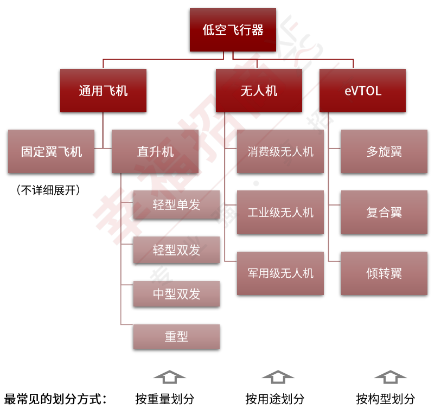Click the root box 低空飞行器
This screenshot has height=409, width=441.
click(233, 30)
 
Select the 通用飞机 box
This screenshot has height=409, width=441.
click(103, 91)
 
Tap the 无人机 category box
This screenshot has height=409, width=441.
click(259, 91)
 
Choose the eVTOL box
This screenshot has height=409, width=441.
click(362, 91)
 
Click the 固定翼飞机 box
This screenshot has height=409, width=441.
click(52, 151)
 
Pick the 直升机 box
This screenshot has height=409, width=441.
click(155, 151)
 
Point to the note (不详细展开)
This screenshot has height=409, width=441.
click(48, 190)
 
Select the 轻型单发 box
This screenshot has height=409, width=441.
click(176, 205)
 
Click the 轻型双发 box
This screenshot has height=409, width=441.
click(176, 250)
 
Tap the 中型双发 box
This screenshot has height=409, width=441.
click(176, 294)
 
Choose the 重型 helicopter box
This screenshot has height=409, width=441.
click(176, 337)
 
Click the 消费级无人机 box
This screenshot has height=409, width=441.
click(280, 151)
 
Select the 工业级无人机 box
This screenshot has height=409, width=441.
click(280, 212)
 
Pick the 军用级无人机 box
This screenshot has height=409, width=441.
click(280, 273)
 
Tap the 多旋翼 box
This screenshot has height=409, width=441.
click(384, 151)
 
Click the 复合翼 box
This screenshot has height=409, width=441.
click(384, 212)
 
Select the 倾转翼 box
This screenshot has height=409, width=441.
click(384, 273)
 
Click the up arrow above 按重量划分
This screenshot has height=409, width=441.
click(169, 377)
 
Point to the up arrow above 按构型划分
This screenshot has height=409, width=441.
click(390, 377)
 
